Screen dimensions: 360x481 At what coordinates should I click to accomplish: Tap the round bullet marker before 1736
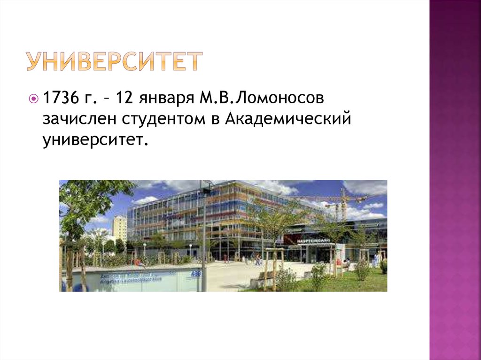[x=34, y=100]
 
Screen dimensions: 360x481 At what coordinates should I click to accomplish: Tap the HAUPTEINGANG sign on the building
[x=313, y=240]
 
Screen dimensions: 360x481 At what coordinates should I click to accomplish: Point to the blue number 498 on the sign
[x=196, y=272]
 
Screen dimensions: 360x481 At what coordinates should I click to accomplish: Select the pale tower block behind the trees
[x=119, y=228]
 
